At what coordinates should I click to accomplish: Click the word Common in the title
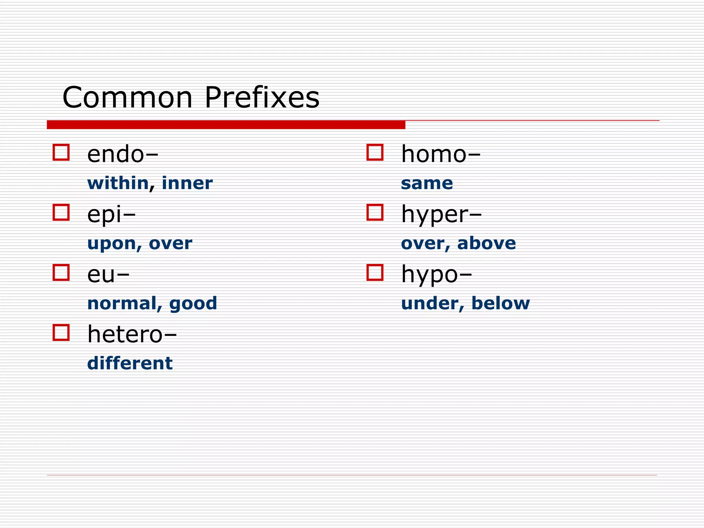click(128, 98)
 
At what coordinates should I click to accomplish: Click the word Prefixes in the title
click(262, 98)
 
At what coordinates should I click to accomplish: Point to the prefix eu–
click(108, 275)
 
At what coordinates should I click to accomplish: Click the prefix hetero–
click(132, 334)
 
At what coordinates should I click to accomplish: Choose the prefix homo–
click(441, 154)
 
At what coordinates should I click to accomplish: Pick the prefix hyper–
click(441, 215)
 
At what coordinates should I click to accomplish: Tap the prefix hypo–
click(437, 275)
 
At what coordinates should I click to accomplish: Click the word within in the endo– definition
click(118, 183)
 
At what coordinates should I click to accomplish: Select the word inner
click(187, 183)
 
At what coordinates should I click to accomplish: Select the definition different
click(130, 363)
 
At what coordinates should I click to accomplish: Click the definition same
click(427, 184)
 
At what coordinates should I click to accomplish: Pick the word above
click(486, 243)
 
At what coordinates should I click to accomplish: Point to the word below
click(500, 304)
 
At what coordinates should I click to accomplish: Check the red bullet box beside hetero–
click(61, 332)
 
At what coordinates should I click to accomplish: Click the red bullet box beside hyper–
click(375, 212)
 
